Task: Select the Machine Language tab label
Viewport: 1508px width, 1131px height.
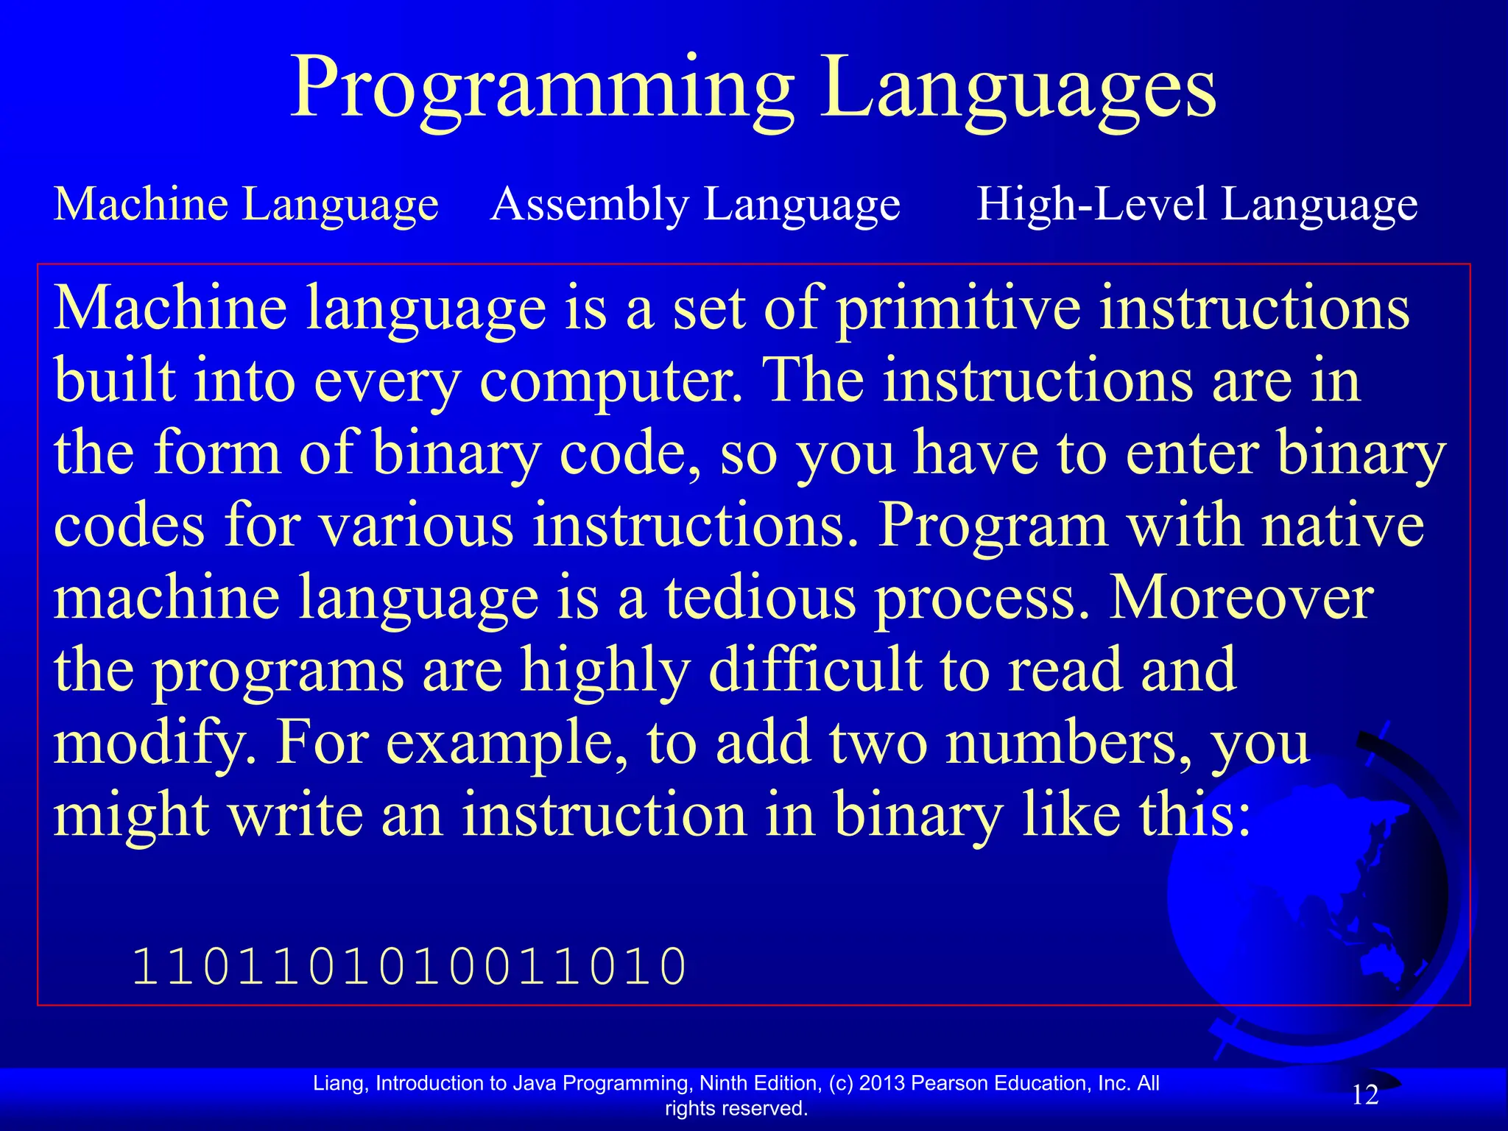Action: [246, 204]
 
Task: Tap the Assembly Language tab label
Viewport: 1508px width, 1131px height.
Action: [695, 204]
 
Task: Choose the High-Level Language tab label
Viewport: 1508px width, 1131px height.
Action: [1197, 204]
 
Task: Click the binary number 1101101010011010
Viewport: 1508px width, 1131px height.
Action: [409, 967]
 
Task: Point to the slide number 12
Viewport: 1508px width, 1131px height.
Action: [1364, 1095]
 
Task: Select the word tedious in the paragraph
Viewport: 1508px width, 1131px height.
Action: [761, 598]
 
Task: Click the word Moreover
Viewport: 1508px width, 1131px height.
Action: [1241, 598]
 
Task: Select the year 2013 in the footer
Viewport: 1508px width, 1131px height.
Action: [882, 1083]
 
